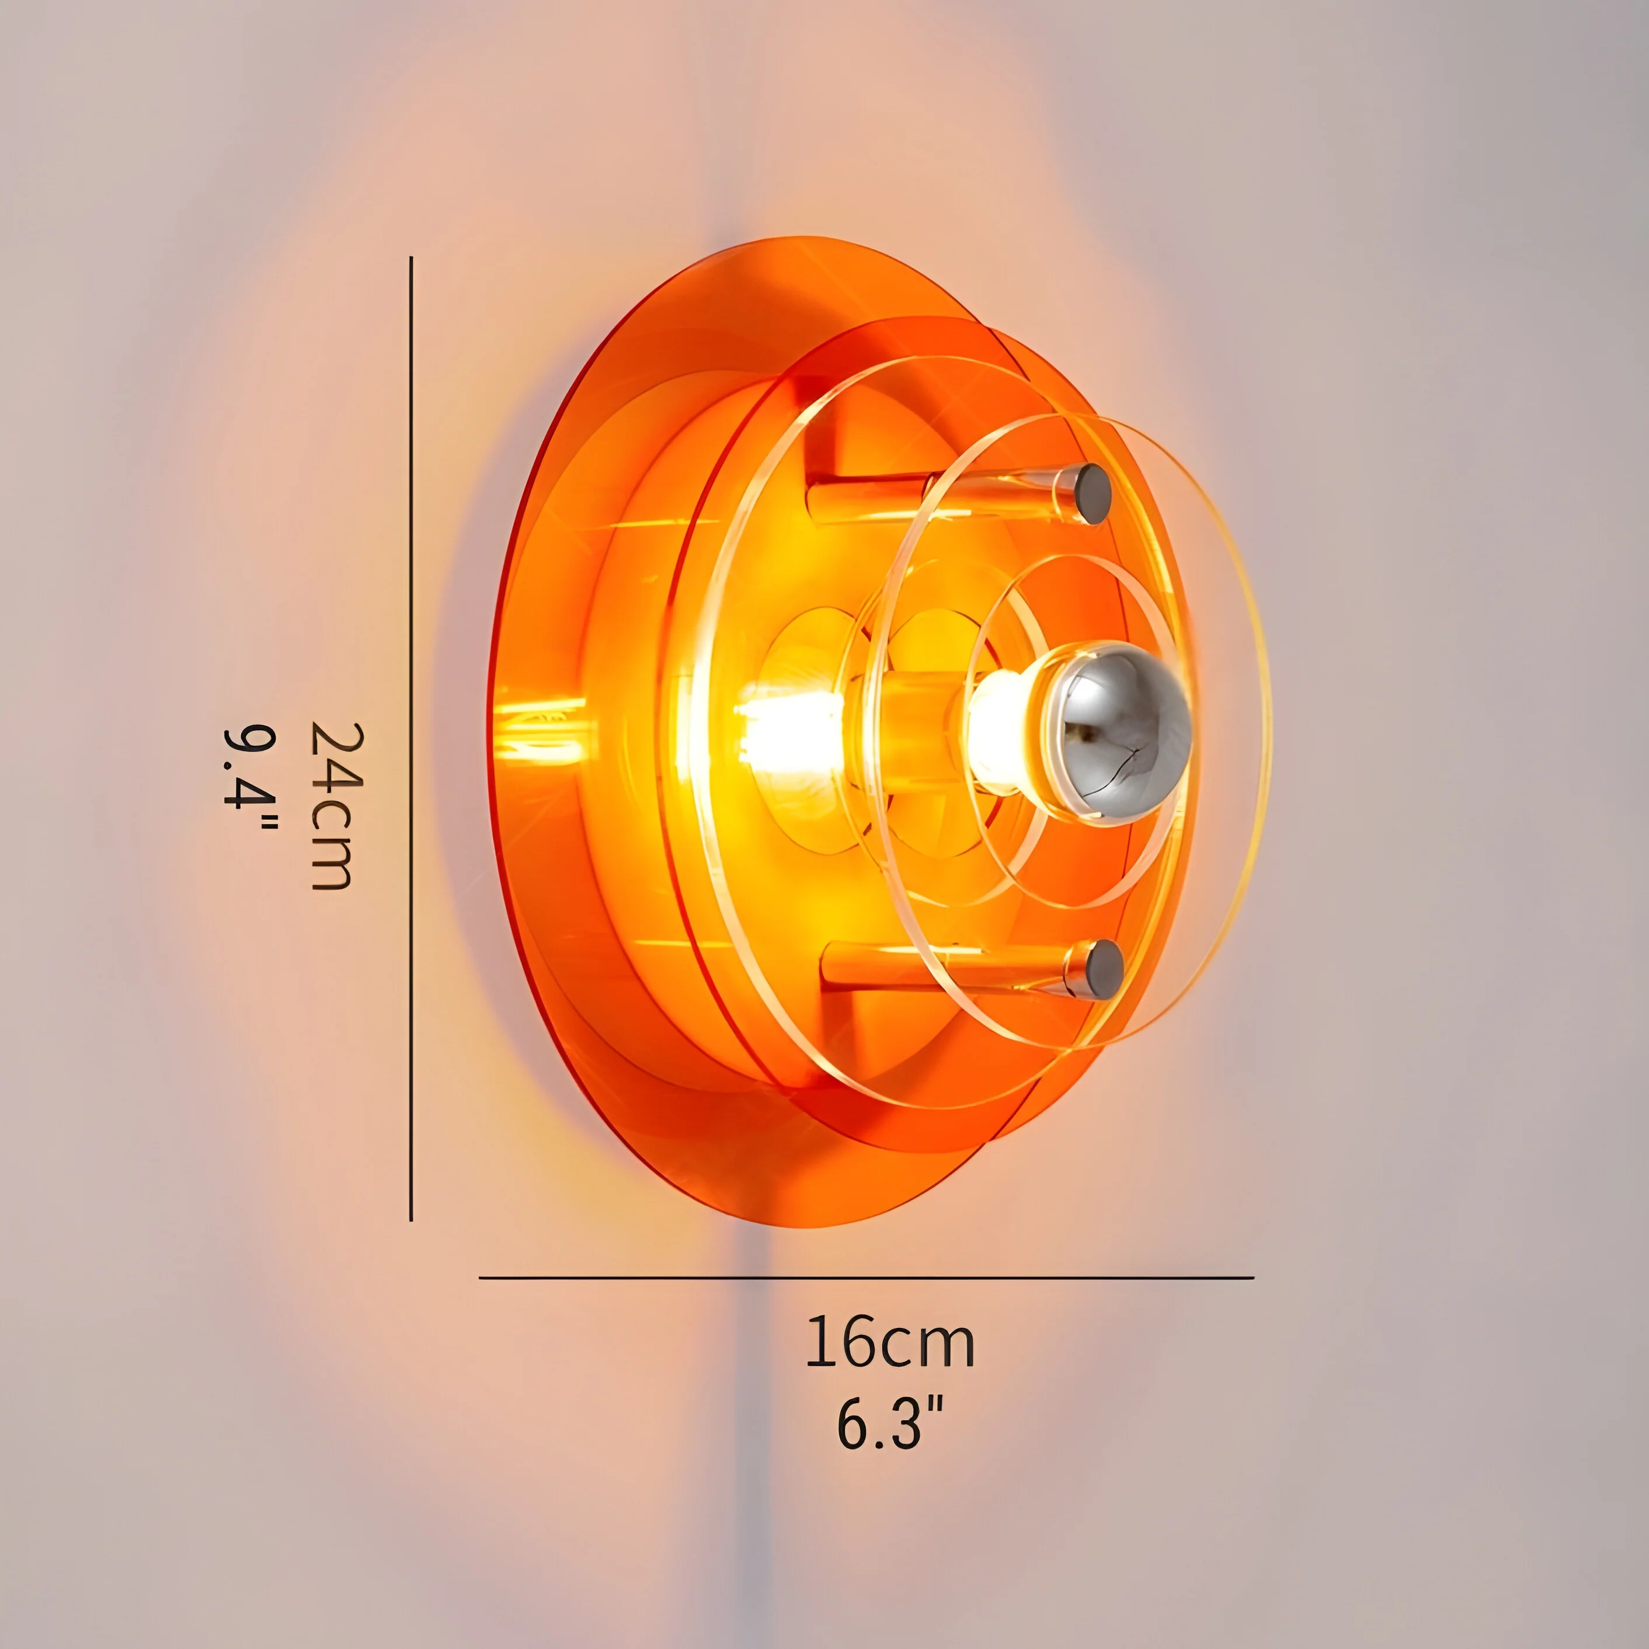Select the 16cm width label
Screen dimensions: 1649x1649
(889, 1342)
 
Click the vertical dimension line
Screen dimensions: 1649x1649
(412, 734)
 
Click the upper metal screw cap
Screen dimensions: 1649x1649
(1092, 493)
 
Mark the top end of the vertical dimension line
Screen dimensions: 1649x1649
(412, 258)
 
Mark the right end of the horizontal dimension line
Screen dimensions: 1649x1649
(1251, 1278)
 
